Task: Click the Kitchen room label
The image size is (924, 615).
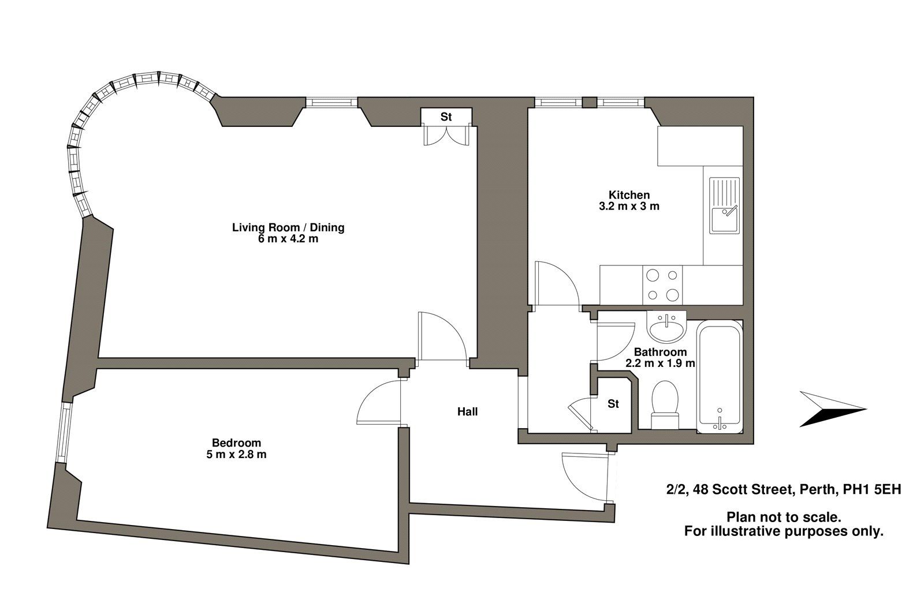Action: tap(629, 195)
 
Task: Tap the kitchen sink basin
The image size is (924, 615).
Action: tap(722, 219)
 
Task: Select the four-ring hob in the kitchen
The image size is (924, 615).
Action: tap(662, 285)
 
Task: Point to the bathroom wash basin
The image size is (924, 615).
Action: tap(666, 329)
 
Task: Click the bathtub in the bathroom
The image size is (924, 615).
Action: tap(719, 378)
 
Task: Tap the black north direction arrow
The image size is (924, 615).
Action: tap(832, 410)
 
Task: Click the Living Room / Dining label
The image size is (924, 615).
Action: tap(288, 227)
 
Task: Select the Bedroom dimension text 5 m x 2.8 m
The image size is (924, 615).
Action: tap(239, 455)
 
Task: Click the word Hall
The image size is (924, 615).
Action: tap(467, 412)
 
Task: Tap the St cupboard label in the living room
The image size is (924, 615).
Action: tap(446, 117)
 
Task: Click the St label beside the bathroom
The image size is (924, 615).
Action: tap(613, 404)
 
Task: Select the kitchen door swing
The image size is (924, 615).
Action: tap(557, 283)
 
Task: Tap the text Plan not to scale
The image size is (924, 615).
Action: tap(783, 517)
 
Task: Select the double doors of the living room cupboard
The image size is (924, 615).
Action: tap(446, 136)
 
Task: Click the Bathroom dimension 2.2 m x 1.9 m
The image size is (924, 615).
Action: tap(660, 363)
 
